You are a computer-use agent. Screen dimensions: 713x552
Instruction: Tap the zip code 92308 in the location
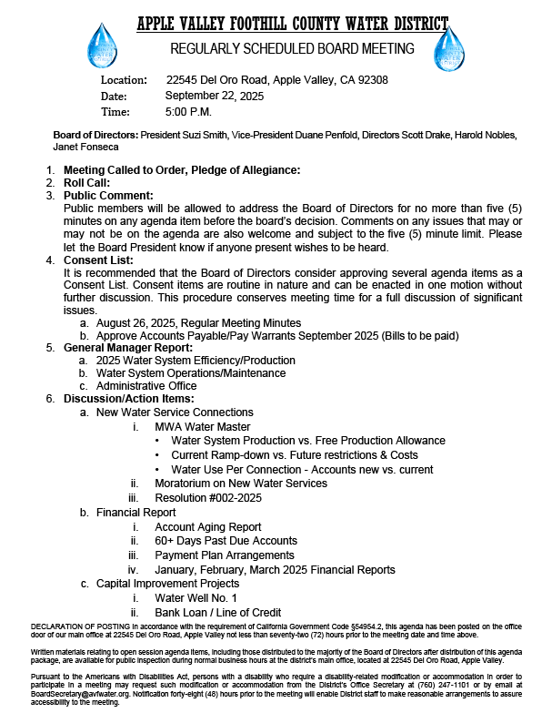tap(369, 80)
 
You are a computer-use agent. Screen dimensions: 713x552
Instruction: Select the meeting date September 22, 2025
tap(215, 96)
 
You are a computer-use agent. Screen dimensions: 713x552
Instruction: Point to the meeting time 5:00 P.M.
tap(188, 112)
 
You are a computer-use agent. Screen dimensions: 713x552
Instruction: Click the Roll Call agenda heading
tap(87, 182)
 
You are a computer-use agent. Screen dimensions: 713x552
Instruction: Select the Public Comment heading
tap(108, 195)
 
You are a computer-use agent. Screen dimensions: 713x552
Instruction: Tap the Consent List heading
tap(99, 260)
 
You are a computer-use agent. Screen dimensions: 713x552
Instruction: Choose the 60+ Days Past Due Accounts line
tap(226, 541)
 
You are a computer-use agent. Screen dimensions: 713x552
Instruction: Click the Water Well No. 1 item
tap(196, 598)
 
